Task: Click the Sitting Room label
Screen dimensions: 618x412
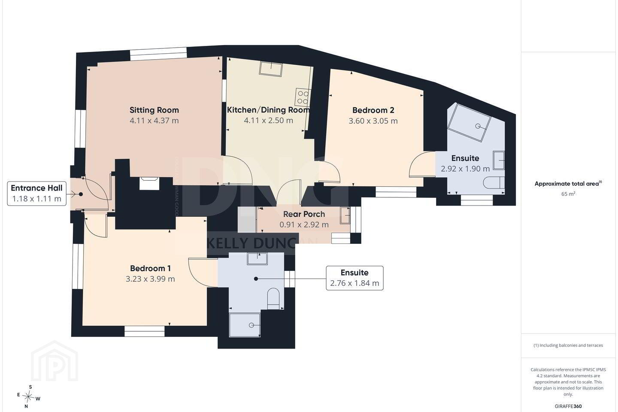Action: [x=154, y=110]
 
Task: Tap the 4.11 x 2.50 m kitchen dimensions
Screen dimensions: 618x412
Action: [x=269, y=120]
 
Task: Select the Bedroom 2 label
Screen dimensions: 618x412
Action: [x=373, y=110]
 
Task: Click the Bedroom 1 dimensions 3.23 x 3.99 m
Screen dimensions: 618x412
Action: [x=150, y=279]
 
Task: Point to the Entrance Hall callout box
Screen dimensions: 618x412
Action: [x=37, y=194]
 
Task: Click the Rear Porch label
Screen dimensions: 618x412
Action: [x=304, y=214]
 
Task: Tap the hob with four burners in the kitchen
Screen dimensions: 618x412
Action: [x=303, y=97]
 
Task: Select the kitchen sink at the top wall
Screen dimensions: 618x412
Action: [x=271, y=69]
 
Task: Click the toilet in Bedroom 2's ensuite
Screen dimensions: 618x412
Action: [x=494, y=183]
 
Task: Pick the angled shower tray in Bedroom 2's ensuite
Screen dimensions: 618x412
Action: [x=470, y=122]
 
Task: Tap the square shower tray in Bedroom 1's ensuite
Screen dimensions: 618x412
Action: [x=245, y=325]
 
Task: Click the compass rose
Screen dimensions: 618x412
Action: [x=28, y=397]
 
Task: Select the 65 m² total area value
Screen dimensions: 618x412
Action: [x=568, y=194]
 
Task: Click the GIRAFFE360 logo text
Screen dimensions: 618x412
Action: [x=568, y=406]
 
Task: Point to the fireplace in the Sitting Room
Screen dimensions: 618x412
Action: [x=149, y=183]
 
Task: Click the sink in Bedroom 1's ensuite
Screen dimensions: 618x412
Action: [x=257, y=258]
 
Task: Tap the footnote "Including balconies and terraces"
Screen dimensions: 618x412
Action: [x=568, y=345]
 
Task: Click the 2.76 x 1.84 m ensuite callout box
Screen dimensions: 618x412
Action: [x=354, y=278]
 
